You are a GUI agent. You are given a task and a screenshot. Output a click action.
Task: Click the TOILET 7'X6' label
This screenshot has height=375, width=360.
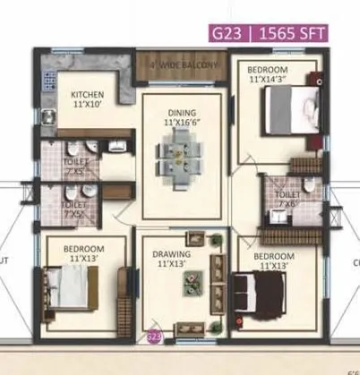coord(287,198)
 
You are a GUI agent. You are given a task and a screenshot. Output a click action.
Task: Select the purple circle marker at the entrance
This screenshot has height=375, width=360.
coord(153,337)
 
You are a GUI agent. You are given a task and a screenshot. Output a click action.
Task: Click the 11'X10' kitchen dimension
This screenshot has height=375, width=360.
coord(88,103)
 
